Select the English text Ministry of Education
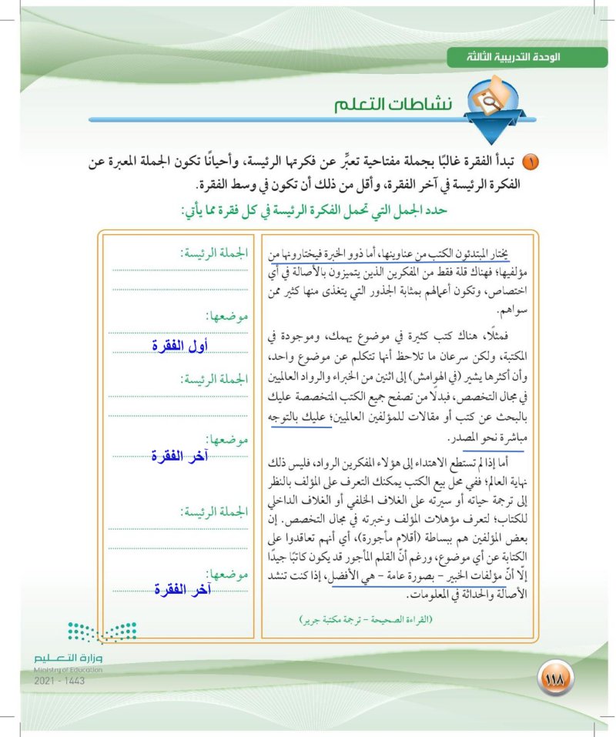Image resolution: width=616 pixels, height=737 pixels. (x=69, y=670)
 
